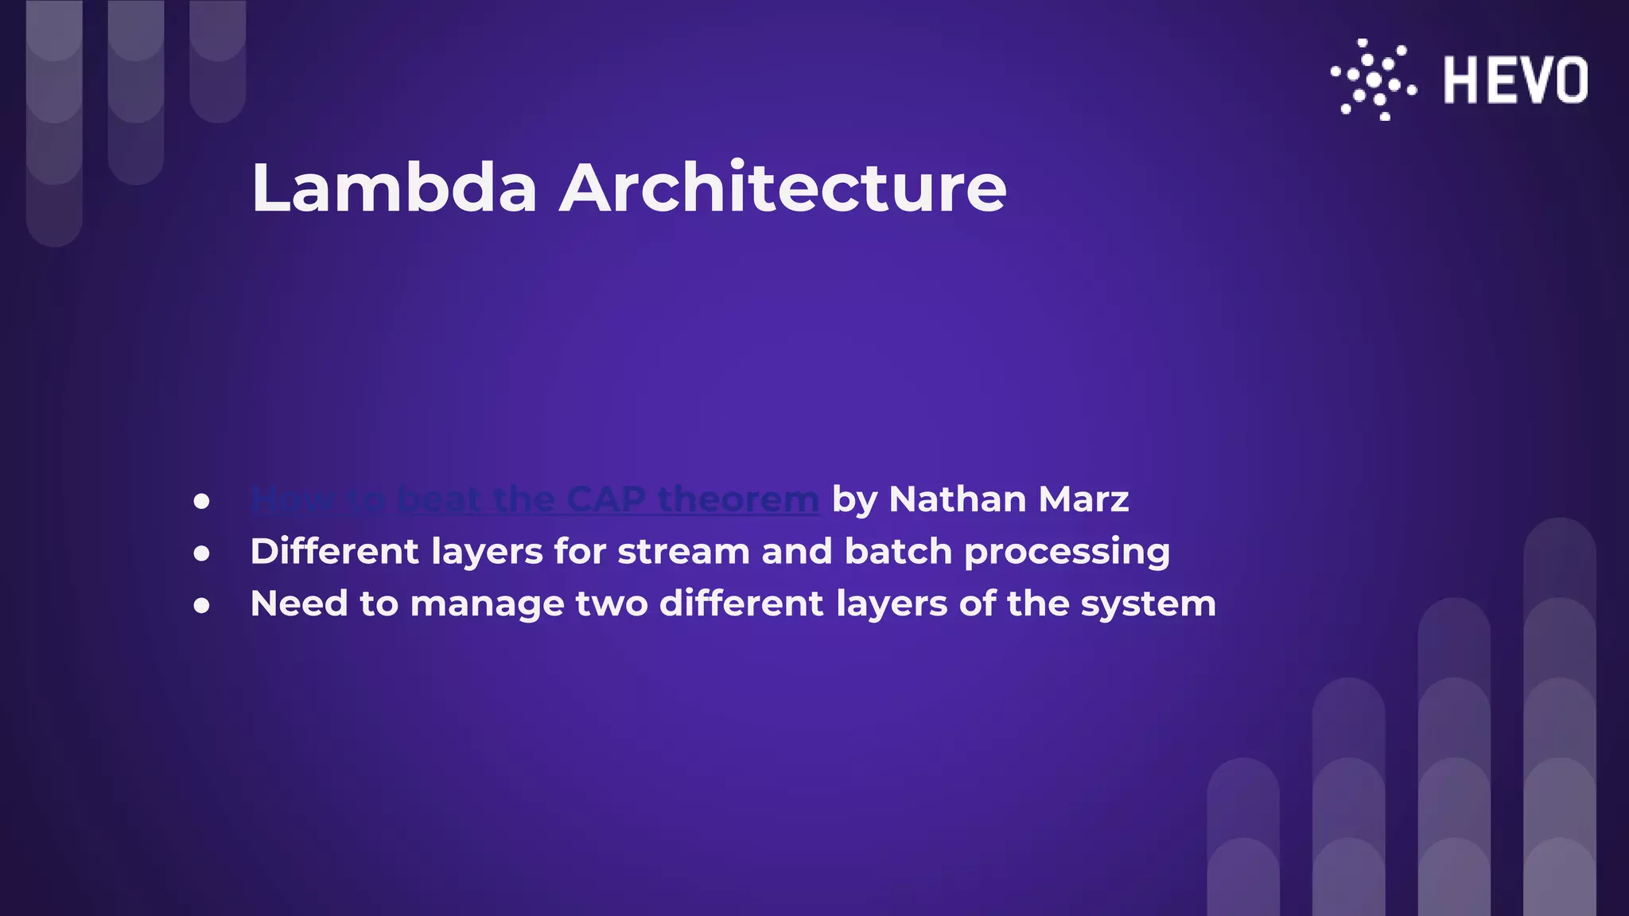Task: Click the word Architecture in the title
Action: pyautogui.click(x=783, y=188)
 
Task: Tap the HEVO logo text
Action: pyautogui.click(x=1515, y=80)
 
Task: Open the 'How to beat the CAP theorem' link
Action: pyautogui.click(x=535, y=499)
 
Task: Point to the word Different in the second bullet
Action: pyautogui.click(x=334, y=551)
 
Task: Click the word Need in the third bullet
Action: pyautogui.click(x=298, y=604)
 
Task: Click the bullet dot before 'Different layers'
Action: pyautogui.click(x=202, y=553)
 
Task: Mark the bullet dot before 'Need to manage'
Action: pyautogui.click(x=202, y=606)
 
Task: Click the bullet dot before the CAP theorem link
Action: pyautogui.click(x=202, y=501)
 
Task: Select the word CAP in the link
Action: pyautogui.click(x=606, y=499)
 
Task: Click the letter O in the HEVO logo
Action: pyautogui.click(x=1570, y=80)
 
